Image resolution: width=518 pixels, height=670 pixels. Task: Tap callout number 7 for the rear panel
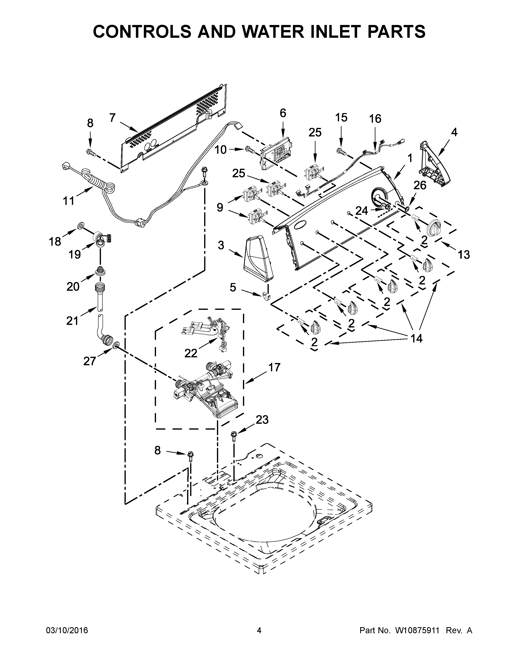[112, 118]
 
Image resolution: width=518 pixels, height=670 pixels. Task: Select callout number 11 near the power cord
[69, 201]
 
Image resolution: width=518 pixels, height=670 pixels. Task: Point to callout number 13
[464, 254]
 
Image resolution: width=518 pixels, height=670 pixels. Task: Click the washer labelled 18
[81, 226]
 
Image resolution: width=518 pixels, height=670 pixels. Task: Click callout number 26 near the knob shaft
[420, 185]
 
